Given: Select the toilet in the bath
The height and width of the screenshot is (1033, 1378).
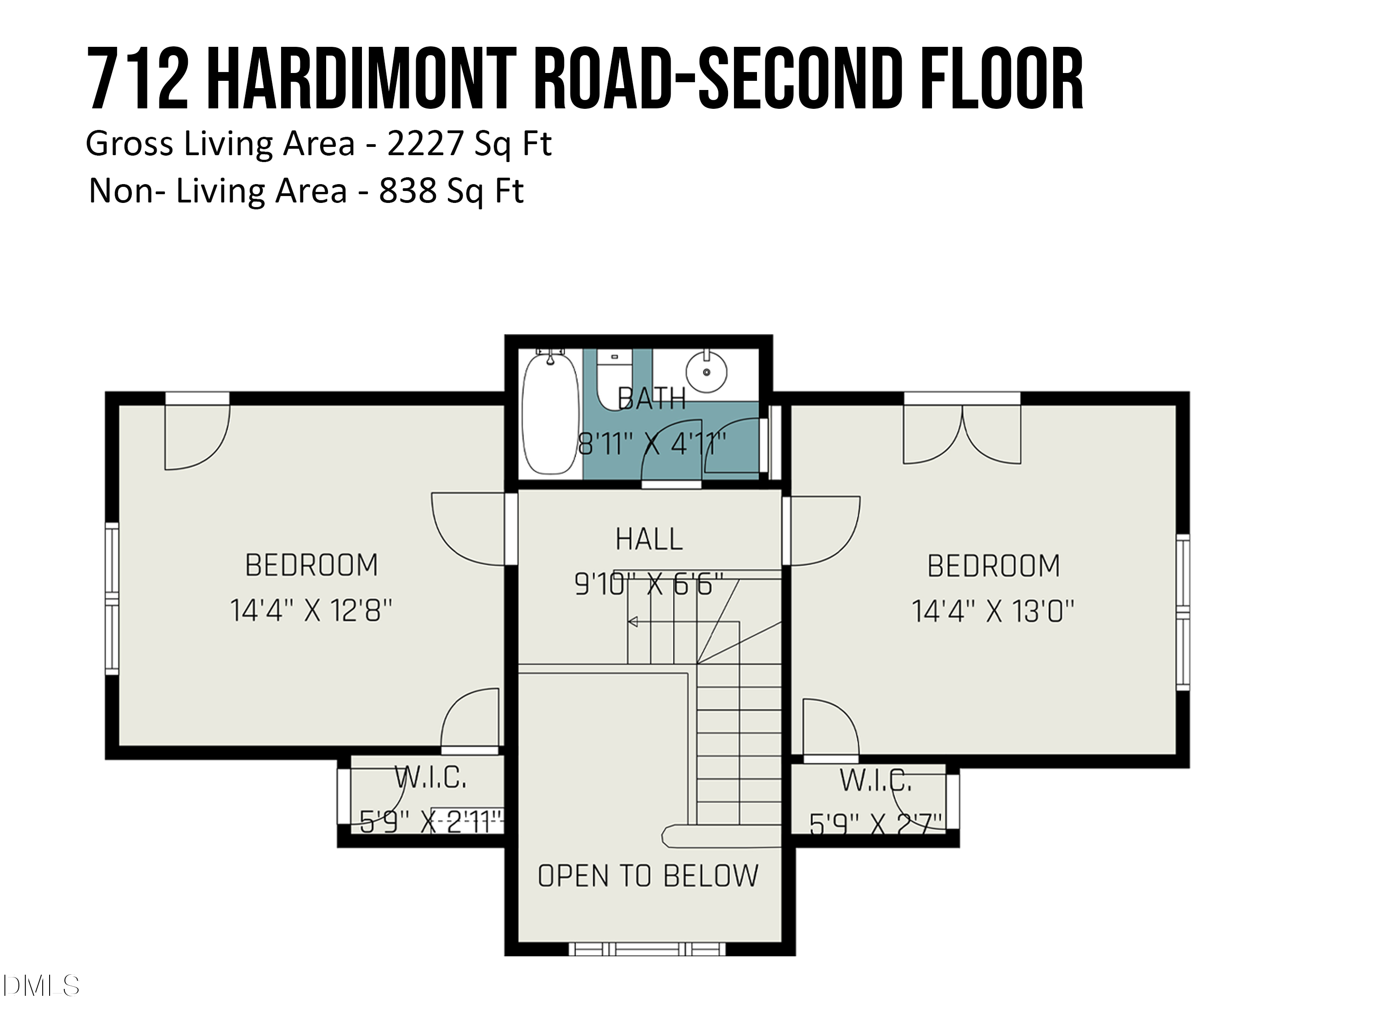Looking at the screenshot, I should [614, 377].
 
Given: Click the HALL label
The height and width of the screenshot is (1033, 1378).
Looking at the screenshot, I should [649, 539].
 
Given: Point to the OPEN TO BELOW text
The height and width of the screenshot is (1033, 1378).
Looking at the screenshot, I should [648, 876].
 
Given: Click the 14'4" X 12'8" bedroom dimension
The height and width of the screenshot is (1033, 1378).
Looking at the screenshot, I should [311, 611].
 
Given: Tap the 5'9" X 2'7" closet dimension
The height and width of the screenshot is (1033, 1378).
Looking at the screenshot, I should [875, 825].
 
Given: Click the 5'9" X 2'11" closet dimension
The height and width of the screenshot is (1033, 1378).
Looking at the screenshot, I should [431, 822].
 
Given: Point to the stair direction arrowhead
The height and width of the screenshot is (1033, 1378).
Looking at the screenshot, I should [633, 622].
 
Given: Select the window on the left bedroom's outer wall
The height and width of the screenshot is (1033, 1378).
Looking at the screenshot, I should [112, 598].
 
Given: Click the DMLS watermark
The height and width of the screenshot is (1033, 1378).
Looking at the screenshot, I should [40, 986].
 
